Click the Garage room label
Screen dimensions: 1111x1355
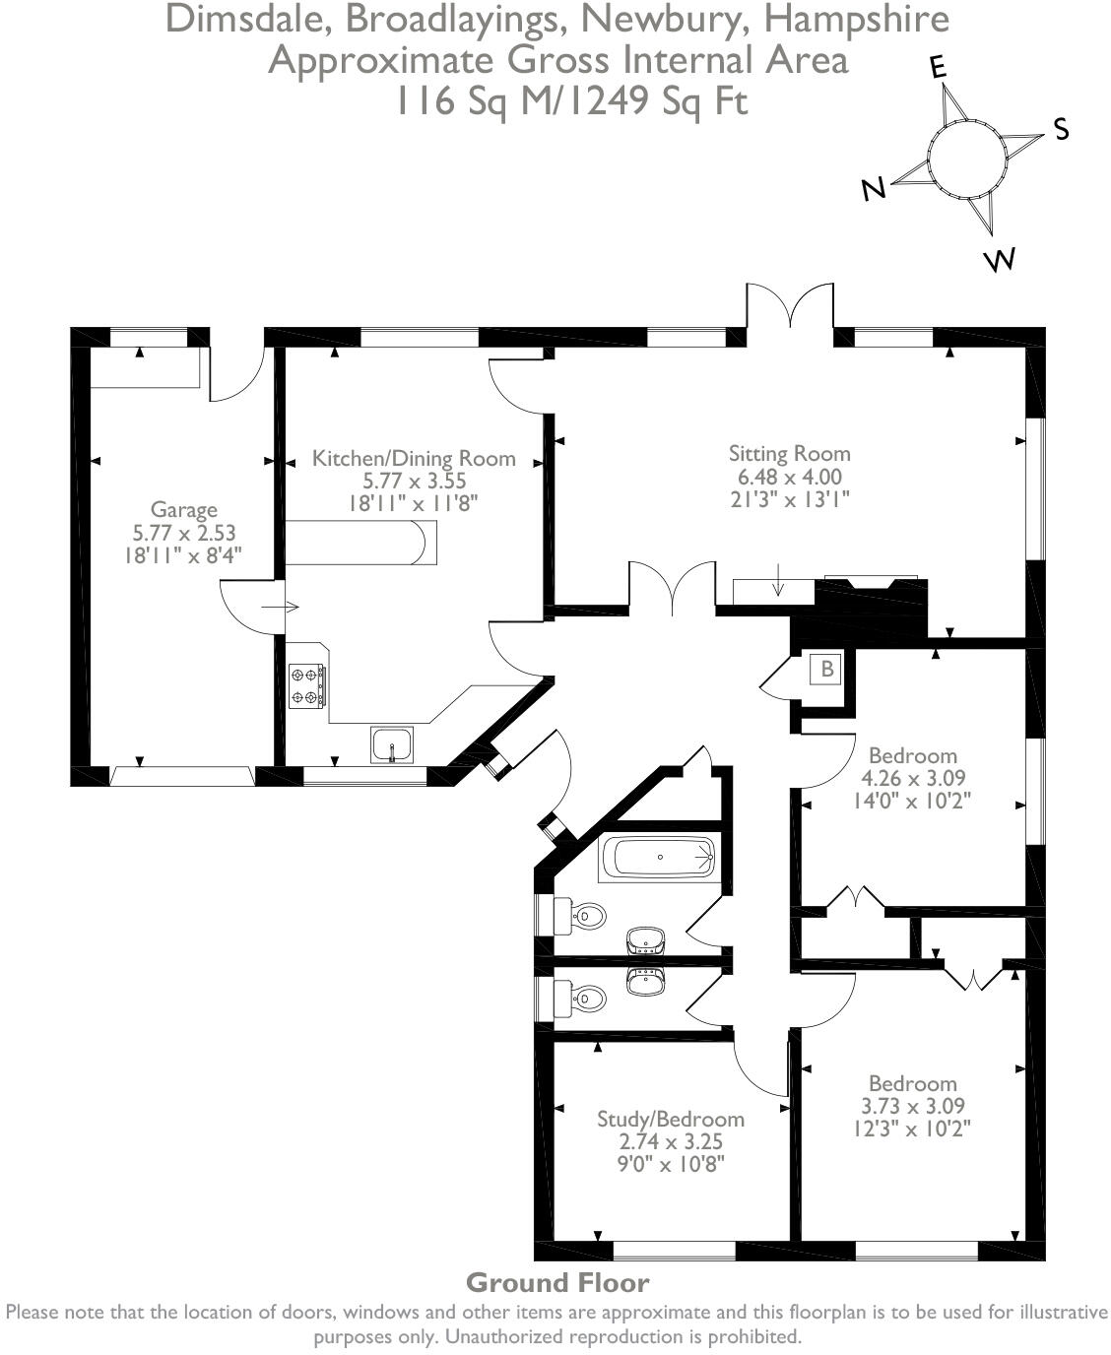[183, 510]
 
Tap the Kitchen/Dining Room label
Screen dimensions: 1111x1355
[414, 458]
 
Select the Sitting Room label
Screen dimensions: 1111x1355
[789, 454]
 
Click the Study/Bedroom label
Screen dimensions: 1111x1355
[671, 1120]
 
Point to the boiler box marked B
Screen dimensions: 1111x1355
[827, 670]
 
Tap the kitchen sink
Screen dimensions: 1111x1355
[393, 744]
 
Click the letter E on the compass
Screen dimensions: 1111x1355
[938, 67]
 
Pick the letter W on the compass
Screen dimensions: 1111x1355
[999, 260]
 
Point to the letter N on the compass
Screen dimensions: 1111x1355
[873, 189]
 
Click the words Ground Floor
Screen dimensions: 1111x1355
[557, 1283]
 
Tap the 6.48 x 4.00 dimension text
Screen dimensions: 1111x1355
[789, 477]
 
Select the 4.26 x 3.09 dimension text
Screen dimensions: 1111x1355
[912, 778]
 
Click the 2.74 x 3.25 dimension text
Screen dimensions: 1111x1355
[671, 1142]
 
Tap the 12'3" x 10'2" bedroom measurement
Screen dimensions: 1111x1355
[912, 1129]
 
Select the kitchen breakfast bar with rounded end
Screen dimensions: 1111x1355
[360, 543]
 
